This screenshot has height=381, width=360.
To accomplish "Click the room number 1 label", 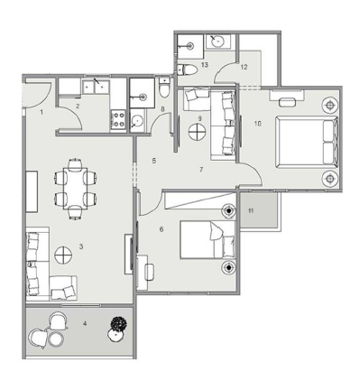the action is point(42,112).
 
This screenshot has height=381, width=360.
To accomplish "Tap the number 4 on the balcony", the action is point(85,323).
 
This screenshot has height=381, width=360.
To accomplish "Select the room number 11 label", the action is point(251,210).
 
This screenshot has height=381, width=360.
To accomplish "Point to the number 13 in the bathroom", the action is point(205,65).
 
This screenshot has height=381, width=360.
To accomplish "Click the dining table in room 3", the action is point(75,189).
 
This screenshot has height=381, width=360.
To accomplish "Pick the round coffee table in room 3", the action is point(63,255).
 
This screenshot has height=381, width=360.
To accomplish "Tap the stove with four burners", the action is point(118,119).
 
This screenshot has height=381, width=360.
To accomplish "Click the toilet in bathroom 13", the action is point(187,70).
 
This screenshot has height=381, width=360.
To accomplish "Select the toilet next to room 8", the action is point(164,88).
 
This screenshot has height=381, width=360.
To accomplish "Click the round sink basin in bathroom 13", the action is point(217,42).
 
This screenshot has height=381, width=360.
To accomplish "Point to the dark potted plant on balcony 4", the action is point(118,324).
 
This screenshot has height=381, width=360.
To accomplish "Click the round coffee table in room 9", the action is point(198,132).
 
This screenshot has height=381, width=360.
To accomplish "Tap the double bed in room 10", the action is point(307,142).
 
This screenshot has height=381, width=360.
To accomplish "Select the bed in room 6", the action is point(208,240).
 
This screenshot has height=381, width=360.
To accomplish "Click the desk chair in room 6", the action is point(150,272).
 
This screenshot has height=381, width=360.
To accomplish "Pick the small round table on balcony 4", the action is point(56,339).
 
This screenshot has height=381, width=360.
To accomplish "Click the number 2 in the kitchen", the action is point(78,106).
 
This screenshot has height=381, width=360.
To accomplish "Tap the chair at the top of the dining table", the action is point(75,164).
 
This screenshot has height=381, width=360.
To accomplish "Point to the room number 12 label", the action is point(244,67).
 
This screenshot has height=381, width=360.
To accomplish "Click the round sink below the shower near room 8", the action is point(137,121).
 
